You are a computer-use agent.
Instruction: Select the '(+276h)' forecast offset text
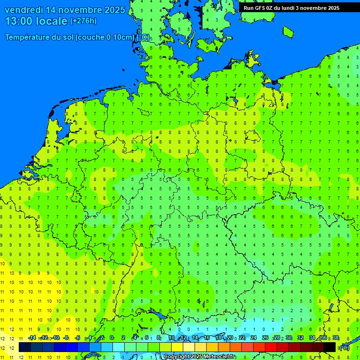(x=83, y=21)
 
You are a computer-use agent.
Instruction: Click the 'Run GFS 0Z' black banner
(x=291, y=8)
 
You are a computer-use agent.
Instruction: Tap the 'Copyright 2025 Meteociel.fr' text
(x=199, y=357)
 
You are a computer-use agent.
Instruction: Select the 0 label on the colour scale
(x=112, y=338)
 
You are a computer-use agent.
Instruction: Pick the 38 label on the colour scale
(x=336, y=338)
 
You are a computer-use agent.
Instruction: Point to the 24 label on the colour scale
(x=254, y=338)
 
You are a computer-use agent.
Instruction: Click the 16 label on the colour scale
(x=207, y=338)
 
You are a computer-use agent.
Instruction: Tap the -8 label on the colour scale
(x=66, y=338)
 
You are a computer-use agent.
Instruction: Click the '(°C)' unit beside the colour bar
(x=344, y=348)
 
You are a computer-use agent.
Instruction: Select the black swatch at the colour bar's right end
(x=330, y=347)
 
